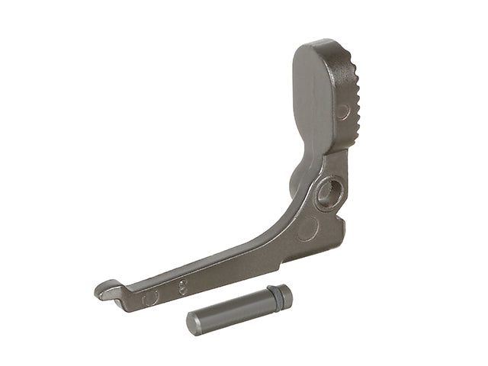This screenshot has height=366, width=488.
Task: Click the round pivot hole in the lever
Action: coord(329,193)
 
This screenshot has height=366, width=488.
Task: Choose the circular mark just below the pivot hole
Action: coord(309,228)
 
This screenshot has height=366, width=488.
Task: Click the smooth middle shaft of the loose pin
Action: coord(233,310)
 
